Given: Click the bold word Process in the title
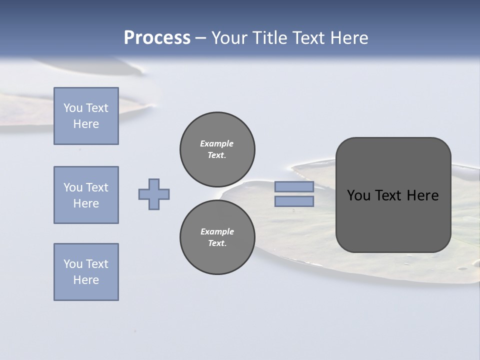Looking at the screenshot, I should click(157, 38).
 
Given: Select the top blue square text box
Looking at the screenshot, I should click(86, 116).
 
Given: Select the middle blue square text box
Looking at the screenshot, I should click(86, 195).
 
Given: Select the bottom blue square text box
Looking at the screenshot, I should click(86, 272).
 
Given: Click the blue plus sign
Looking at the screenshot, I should click(154, 194).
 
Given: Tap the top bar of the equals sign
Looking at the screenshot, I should click(294, 187).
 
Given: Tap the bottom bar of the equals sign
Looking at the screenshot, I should click(294, 201).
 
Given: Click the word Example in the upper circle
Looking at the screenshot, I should click(217, 143).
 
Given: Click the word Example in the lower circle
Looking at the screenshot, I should click(217, 231).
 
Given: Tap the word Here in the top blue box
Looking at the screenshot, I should click(86, 124).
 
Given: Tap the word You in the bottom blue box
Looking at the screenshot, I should click(72, 264).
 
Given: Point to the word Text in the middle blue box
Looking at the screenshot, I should click(96, 187).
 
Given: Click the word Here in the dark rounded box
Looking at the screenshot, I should click(422, 195).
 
